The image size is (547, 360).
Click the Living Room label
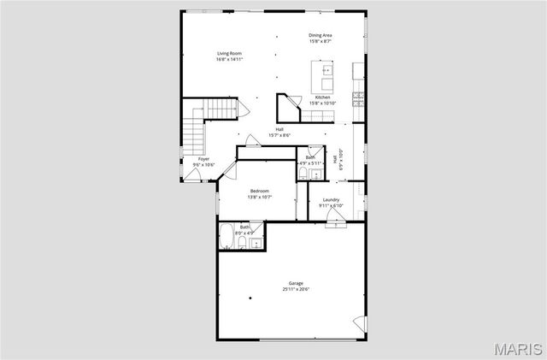pos(229,53)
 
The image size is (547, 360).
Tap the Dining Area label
pos(321,35)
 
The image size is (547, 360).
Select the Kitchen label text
pos(322,97)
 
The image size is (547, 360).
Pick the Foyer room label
pos(203,159)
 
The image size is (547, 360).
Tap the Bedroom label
pos(260,191)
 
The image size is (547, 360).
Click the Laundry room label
pos(331,200)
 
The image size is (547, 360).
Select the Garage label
pos(296,284)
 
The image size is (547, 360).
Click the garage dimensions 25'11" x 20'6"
pos(296,290)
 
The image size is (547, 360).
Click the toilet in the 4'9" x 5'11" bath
pos(303,174)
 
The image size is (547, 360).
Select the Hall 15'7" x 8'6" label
pos(279,133)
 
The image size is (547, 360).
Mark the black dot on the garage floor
pos(250,298)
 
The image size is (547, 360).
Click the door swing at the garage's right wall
pos(360,324)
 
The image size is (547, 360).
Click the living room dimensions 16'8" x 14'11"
pos(229,59)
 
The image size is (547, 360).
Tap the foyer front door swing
pos(195,174)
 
